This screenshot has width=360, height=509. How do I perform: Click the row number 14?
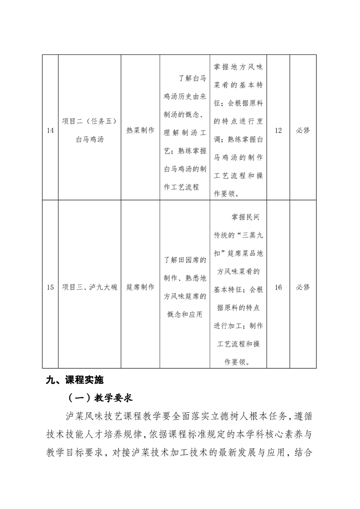coord(50,131)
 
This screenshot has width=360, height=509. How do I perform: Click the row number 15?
coord(50,287)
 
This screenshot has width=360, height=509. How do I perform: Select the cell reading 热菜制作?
coord(140,131)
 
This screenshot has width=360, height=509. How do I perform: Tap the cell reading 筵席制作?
coord(140,287)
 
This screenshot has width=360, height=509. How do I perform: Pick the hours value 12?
coord(278,131)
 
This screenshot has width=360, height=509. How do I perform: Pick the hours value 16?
coord(278,287)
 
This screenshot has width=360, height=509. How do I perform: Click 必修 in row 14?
coord(303,131)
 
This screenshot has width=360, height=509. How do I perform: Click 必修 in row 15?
coord(303,287)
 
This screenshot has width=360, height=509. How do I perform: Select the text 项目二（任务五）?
coord(89,121)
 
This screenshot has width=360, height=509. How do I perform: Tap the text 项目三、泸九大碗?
coord(89,287)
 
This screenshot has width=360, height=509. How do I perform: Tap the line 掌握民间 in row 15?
coord(245,217)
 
